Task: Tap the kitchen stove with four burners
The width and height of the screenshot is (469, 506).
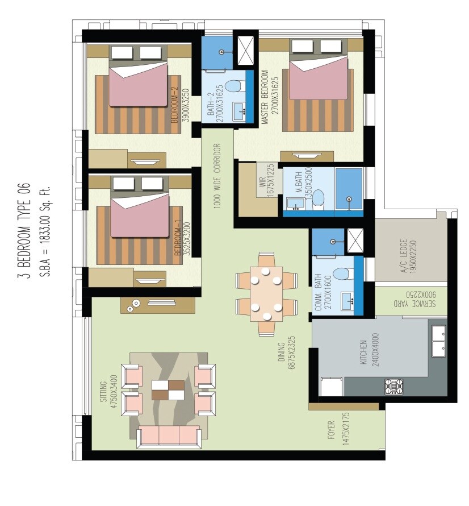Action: click(x=393, y=386)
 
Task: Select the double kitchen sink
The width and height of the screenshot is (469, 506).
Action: click(x=438, y=341)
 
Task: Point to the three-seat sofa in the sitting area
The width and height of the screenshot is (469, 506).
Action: click(x=169, y=436)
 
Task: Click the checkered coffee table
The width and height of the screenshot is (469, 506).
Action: click(x=168, y=391)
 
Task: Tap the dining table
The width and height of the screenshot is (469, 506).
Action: click(x=266, y=293)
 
